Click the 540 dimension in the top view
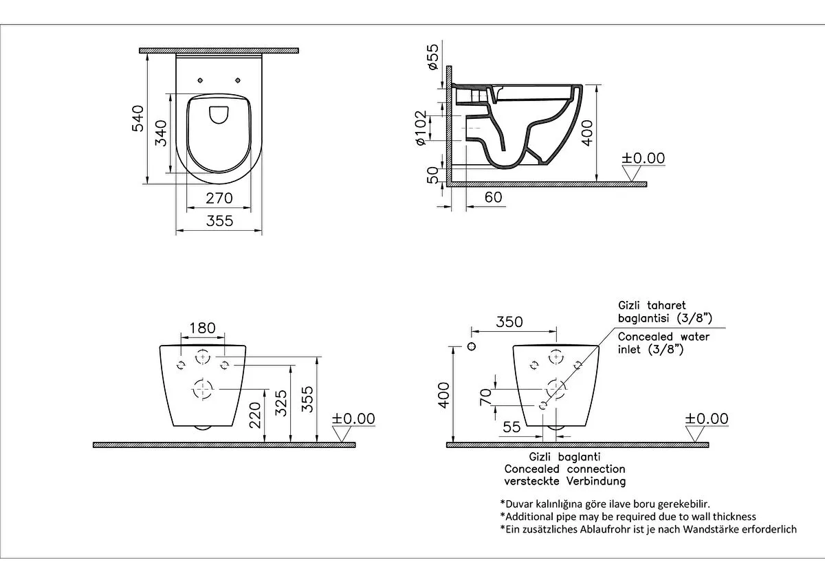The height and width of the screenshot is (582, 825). (137, 119)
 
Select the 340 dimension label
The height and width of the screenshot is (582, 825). (161, 133)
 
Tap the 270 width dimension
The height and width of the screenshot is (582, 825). (219, 199)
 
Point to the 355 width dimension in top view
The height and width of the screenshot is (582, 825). (219, 221)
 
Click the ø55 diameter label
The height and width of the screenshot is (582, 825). (432, 57)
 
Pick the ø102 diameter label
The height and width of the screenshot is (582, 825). (421, 128)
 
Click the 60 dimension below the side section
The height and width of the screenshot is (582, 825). (493, 197)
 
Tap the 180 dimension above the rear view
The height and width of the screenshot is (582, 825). (202, 328)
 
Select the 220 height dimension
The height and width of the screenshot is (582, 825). (255, 415)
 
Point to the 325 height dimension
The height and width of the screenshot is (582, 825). (281, 403)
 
